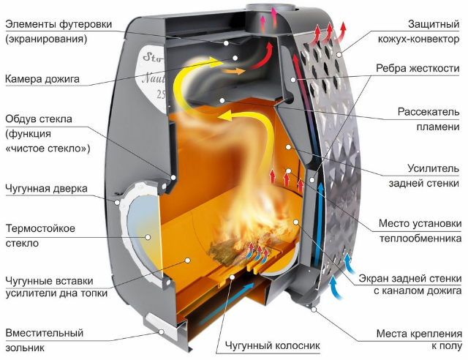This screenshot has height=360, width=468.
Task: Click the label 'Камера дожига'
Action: [42, 79]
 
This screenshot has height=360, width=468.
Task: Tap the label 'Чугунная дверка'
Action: [46, 189]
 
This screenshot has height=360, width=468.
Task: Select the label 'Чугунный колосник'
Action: [273, 345]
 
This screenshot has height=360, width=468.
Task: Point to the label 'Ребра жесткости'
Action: [418, 69]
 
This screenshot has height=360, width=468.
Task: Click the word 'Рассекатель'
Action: [429, 112]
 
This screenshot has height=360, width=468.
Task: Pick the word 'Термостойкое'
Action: [40, 228]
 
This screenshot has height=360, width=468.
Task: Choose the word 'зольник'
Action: [25, 348]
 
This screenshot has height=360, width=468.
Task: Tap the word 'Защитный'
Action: [434, 24]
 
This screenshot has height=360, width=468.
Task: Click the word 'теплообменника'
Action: [420, 239]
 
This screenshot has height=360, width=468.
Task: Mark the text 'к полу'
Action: [447, 346]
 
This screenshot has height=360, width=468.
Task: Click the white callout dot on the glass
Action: [148, 237]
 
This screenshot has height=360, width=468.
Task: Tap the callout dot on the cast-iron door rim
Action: [117, 202]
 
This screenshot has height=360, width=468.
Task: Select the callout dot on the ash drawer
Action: [161, 331]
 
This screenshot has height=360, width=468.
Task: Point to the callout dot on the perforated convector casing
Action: [339, 54]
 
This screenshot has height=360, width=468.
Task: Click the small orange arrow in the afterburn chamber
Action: [233, 71]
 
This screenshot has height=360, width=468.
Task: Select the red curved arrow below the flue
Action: [263, 58]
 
